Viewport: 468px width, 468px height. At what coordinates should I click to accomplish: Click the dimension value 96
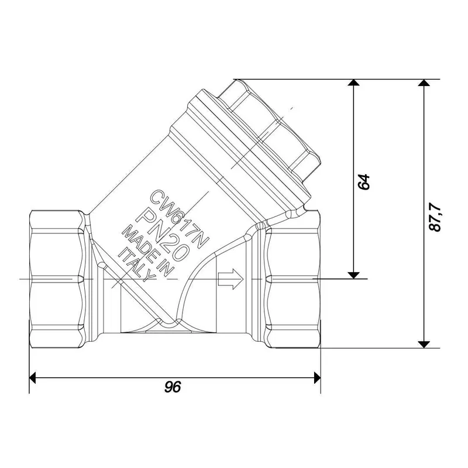pos(173,387)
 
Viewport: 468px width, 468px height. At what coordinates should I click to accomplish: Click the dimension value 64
pos(364,181)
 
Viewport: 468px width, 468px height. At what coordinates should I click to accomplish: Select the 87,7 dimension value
pos(435,217)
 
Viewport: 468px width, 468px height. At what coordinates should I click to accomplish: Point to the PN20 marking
pos(162,236)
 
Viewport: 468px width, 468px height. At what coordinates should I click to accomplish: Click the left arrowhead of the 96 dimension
pos(33,378)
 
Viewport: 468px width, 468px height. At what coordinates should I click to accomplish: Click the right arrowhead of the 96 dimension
pos(317,378)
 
